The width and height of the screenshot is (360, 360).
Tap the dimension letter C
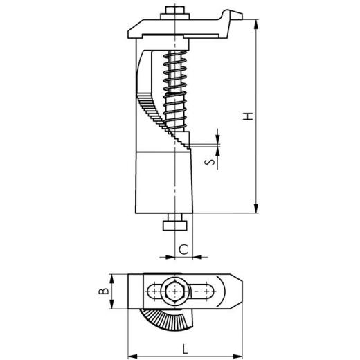183,248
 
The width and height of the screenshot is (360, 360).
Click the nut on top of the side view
173,12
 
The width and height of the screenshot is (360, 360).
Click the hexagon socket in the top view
174,291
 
